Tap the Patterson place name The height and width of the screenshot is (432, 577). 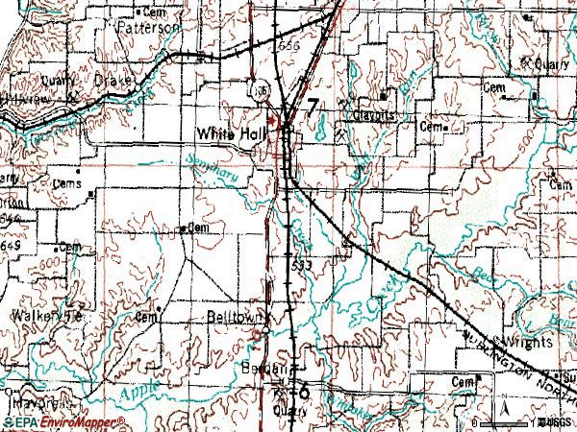pos(147,29)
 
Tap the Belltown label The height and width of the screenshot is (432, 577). pos(228,316)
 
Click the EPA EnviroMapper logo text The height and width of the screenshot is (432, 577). pos(64,422)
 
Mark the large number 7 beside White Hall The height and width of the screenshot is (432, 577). pos(314,108)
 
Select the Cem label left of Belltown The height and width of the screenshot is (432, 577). pos(148,316)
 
